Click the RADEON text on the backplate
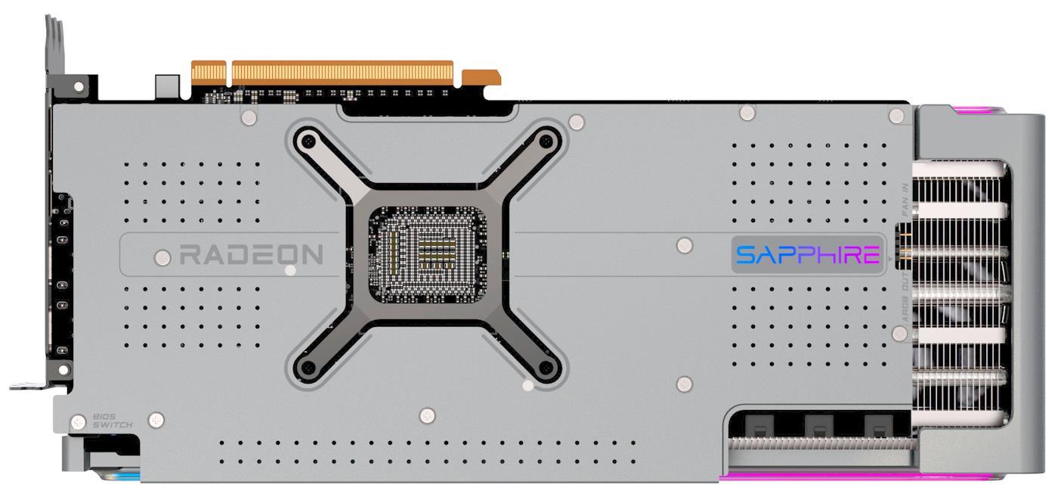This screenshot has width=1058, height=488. click(x=251, y=255)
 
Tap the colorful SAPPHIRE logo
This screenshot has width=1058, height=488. click(x=808, y=255)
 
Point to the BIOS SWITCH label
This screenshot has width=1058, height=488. click(x=112, y=421)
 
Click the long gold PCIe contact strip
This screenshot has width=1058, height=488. click(x=342, y=73)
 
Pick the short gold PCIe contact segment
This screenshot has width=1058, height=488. click(x=481, y=77)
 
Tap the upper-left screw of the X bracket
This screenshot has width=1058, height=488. click(x=308, y=141)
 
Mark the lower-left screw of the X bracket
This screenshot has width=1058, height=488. click(x=308, y=368)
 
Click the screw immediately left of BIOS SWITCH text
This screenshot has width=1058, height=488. click(x=78, y=421)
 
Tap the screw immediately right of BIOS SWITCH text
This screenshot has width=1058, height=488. click(x=156, y=418)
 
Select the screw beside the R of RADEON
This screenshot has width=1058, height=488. click(x=162, y=257)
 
